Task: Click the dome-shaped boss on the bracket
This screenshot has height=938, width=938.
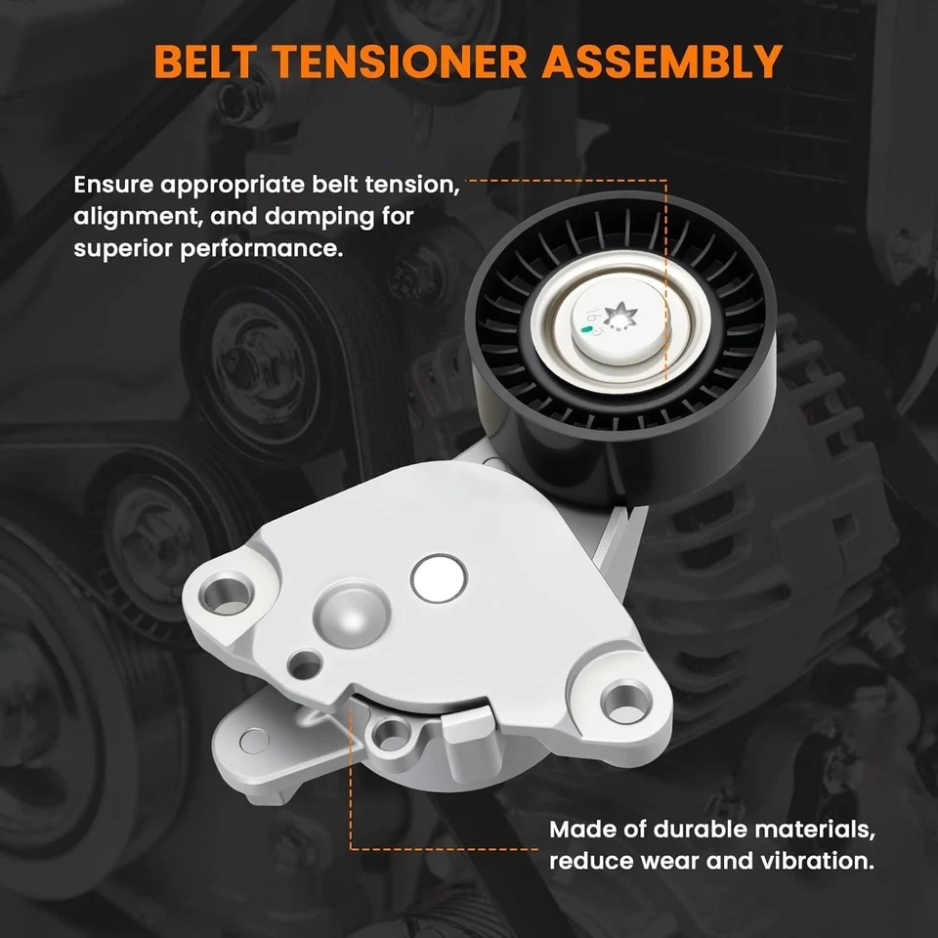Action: click(346, 617)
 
